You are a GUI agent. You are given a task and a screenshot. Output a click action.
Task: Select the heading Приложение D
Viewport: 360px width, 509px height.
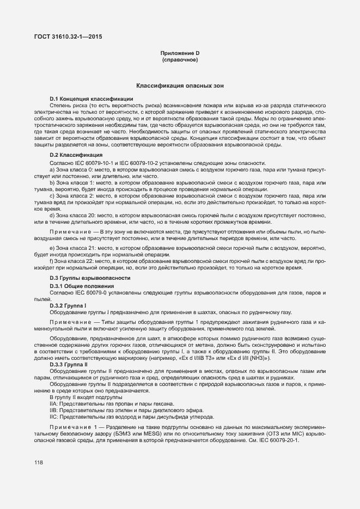180,53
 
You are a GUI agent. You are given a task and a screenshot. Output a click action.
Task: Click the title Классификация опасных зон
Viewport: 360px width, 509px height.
180,86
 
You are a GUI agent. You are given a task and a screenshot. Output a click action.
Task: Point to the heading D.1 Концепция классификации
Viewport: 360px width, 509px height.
87,98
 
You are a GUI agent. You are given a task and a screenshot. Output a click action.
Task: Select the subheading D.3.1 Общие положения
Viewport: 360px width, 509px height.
82,286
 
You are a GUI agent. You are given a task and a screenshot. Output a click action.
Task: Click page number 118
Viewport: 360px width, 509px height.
39,463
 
